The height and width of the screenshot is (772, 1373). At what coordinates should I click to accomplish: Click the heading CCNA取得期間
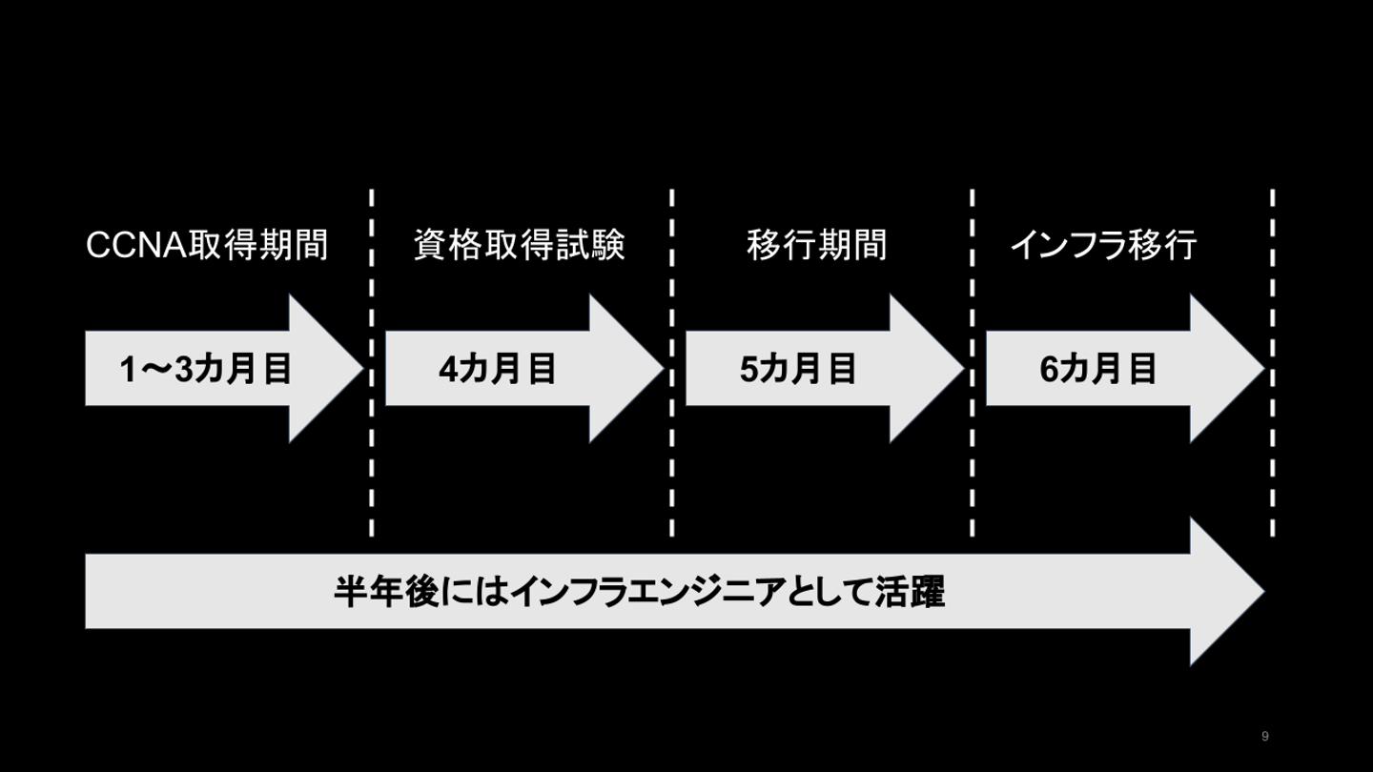pyautogui.click(x=207, y=246)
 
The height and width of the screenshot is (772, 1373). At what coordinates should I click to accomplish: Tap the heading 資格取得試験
pyautogui.click(x=520, y=246)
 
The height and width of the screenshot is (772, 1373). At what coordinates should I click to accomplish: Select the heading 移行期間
pyautogui.click(x=816, y=246)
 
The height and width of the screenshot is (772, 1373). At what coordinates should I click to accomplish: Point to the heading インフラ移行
pyautogui.click(x=1103, y=246)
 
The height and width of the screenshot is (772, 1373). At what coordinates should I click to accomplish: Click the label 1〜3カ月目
pyautogui.click(x=206, y=369)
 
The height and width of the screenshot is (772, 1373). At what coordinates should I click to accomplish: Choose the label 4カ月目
pyautogui.click(x=498, y=369)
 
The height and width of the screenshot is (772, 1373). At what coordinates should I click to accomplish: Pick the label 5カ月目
pyautogui.click(x=799, y=369)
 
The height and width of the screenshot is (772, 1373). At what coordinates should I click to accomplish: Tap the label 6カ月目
pyautogui.click(x=1098, y=369)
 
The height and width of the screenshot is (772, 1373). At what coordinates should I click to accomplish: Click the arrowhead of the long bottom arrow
pyautogui.click(x=1225, y=592)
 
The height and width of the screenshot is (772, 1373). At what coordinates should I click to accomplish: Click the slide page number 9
pyautogui.click(x=1265, y=736)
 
